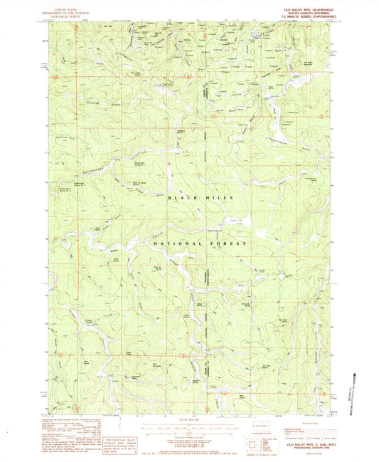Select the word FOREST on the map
(x=227, y=243)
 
